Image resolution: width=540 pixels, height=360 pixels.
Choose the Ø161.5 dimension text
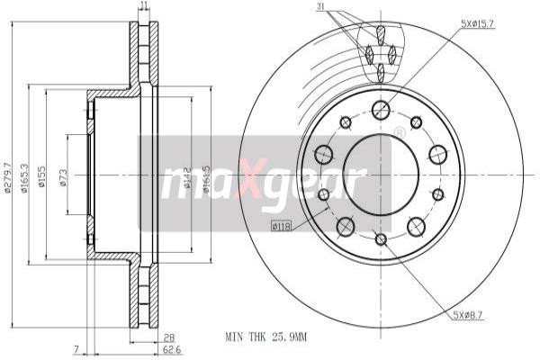(207, 178)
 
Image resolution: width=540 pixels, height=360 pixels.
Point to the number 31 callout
(321, 9)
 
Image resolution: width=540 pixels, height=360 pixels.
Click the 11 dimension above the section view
(144, 7)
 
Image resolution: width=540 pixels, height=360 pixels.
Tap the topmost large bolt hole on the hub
(381, 111)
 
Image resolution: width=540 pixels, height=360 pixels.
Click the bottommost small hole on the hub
(381, 238)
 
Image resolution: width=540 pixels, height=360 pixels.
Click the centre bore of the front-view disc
(381, 175)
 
